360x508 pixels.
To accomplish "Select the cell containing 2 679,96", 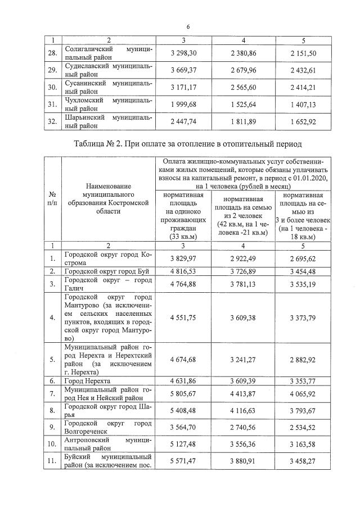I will [243, 70].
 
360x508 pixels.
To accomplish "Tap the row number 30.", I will [52, 87].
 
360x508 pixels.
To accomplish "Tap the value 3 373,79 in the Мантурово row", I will [304, 317].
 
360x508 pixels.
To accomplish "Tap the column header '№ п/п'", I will [52, 198].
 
